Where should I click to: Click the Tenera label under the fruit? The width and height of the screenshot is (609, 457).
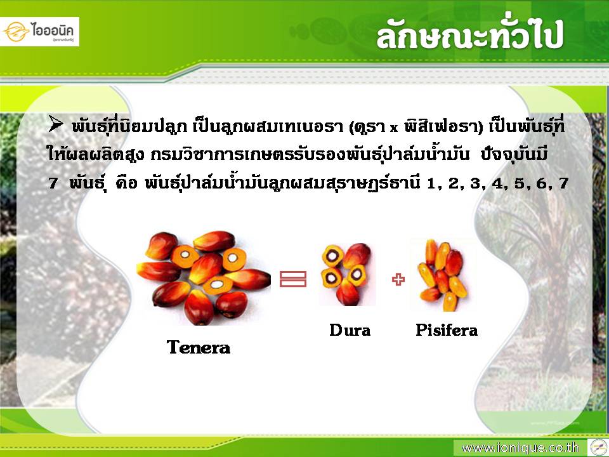click(199, 347)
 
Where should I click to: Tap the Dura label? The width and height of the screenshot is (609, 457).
click(350, 330)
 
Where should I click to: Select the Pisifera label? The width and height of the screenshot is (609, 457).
click(447, 330)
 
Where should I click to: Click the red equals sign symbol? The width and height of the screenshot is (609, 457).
click(293, 279)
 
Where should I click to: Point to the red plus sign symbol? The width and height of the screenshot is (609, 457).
click(398, 279)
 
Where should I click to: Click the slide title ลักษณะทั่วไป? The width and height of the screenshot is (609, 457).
click(469, 34)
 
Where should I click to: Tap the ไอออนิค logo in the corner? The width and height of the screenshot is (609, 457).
click(39, 32)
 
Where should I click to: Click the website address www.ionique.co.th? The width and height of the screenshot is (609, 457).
click(520, 447)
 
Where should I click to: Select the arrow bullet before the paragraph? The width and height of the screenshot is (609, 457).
click(56, 124)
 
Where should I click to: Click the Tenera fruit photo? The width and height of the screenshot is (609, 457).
click(203, 278)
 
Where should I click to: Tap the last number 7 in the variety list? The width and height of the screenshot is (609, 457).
click(563, 183)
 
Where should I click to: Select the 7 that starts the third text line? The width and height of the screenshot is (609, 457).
click(53, 183)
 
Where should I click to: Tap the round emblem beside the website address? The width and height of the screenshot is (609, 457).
click(598, 447)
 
